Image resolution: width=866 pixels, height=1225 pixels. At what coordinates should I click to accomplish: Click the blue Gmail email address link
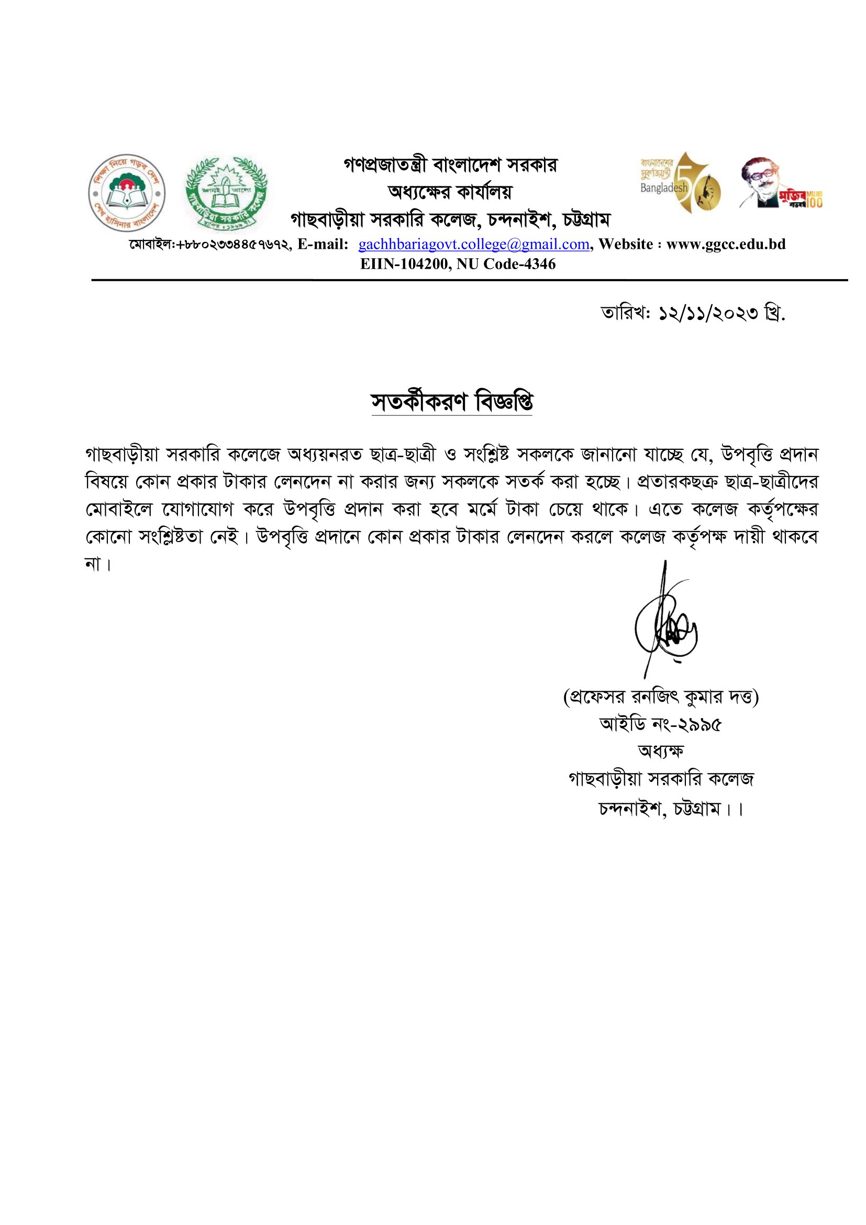[x=473, y=245]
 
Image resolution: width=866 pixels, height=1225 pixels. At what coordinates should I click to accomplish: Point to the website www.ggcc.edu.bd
[x=726, y=245]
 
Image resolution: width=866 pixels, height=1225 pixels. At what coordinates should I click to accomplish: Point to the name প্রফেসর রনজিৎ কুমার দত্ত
[x=661, y=697]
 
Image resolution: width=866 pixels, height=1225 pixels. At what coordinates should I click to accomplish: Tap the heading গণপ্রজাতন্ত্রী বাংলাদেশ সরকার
[x=450, y=165]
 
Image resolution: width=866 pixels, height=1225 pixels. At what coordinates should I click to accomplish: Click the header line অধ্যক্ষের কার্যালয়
[x=450, y=192]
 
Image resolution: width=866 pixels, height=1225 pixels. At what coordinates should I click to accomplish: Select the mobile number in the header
[x=209, y=245]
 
